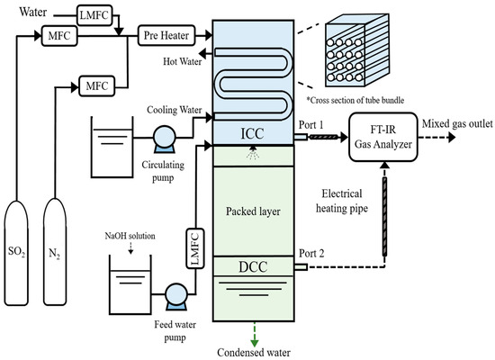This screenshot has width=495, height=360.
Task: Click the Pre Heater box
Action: pos(163,36)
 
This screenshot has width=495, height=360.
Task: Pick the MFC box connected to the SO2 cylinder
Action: pos(57,36)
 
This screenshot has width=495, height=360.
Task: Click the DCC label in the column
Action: pos(256,267)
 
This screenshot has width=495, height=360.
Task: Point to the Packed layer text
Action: pos(256,213)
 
